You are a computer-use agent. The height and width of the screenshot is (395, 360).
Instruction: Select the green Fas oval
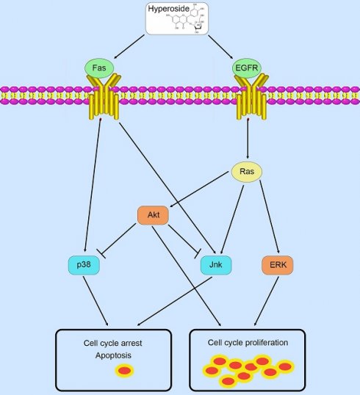(99, 69)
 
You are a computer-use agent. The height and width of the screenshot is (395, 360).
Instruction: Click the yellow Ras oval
(246, 173)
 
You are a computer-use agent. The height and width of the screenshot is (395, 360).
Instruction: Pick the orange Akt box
(154, 215)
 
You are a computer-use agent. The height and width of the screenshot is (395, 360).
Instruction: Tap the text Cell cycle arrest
(113, 344)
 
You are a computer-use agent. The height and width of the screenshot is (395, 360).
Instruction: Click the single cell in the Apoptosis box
(125, 371)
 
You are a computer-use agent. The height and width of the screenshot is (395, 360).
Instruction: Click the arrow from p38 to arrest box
(96, 301)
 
